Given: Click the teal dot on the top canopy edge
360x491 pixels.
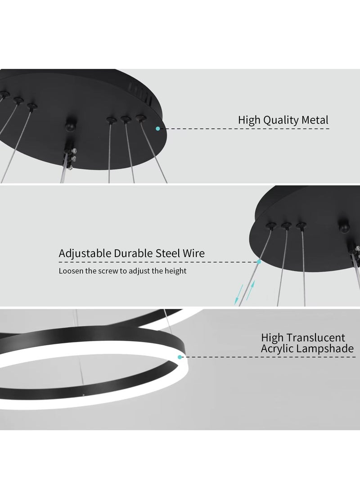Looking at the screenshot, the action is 158,129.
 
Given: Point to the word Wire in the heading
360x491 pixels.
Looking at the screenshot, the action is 194,253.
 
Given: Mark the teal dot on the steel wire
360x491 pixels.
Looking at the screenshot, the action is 259,262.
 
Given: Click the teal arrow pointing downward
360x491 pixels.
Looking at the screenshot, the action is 238,295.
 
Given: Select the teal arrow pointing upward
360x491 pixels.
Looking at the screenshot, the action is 251,290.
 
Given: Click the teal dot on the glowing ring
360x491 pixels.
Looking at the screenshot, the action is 180,357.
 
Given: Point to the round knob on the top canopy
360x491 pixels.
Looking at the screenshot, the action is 70,125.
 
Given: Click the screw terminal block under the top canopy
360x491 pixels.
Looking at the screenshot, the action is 70,158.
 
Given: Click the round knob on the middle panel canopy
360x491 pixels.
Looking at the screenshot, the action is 344,227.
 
